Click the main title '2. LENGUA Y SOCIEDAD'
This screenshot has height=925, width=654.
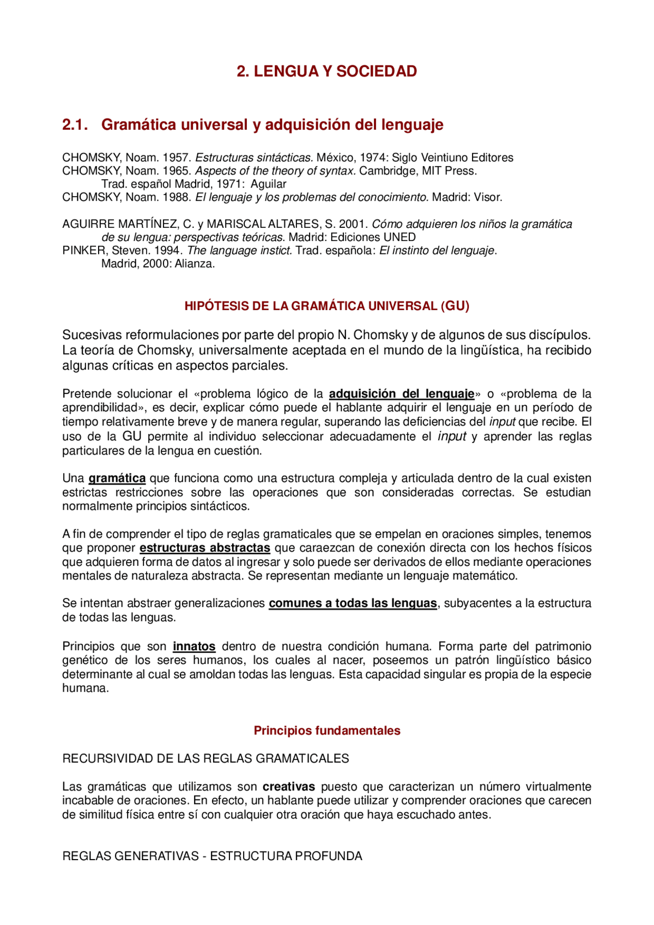[x=326, y=72]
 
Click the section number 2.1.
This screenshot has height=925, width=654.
[x=75, y=125]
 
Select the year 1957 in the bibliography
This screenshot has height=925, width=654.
[x=176, y=158]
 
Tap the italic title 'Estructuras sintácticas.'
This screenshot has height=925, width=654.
[x=254, y=158]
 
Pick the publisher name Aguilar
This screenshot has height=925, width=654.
[x=268, y=184]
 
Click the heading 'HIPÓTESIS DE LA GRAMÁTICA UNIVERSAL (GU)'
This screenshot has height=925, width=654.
[x=326, y=306]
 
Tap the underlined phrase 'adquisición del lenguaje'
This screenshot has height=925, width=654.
[x=402, y=394]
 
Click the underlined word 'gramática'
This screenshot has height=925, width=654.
[x=117, y=479]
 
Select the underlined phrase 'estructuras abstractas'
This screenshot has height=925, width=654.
[x=205, y=548]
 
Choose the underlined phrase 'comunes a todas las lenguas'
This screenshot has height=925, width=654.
[x=353, y=603]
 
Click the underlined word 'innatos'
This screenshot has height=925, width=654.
[x=194, y=647]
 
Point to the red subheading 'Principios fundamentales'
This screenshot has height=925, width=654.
[x=327, y=731]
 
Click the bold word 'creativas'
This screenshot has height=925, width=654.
[x=289, y=787]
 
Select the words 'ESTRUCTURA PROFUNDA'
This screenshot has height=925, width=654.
[x=286, y=856]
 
